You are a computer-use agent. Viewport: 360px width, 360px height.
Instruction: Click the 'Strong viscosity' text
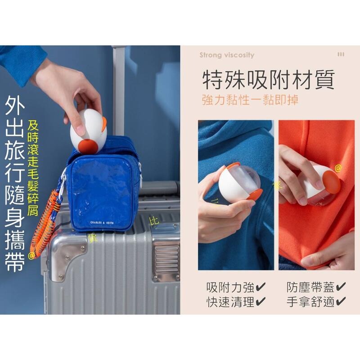[227, 55]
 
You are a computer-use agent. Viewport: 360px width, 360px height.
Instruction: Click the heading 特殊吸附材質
[268, 81]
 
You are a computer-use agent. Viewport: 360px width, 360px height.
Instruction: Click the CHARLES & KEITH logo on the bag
[103, 222]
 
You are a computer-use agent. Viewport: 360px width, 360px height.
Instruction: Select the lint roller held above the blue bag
[89, 130]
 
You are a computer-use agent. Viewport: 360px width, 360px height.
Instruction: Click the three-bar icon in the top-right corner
[341, 54]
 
